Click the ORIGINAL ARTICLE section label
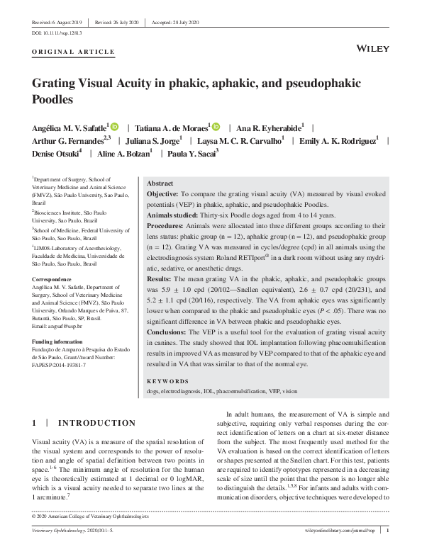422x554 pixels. (x=73, y=52)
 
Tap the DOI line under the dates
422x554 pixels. (x=57, y=33)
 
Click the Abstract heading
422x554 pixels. (x=160, y=183)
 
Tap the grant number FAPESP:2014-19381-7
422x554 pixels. (x=65, y=366)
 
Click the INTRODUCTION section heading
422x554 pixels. (x=96, y=424)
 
